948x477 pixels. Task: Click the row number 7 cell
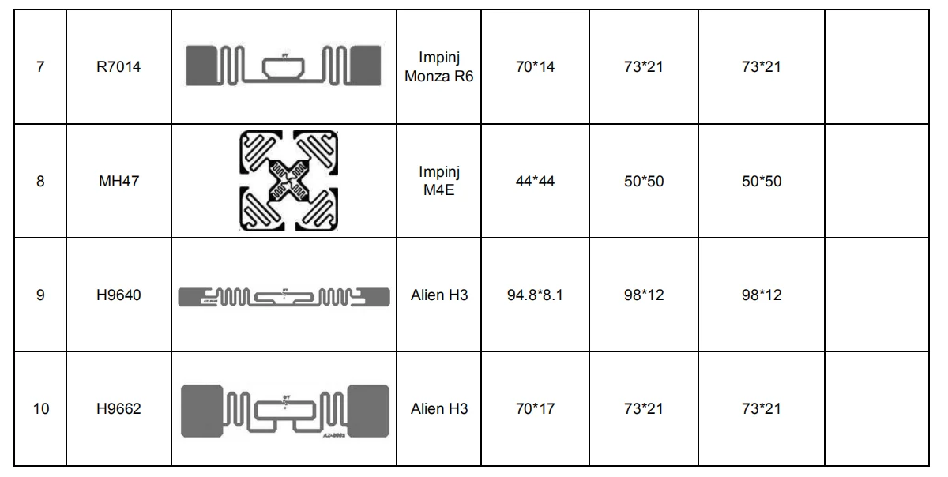click(40, 67)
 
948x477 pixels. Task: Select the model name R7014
click(118, 67)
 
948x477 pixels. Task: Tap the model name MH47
click(119, 181)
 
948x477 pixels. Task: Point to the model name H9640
click(118, 295)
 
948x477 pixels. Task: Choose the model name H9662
click(118, 409)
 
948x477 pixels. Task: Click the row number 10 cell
click(40, 409)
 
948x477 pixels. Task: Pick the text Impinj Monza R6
click(439, 67)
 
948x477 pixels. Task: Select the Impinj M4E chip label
click(439, 181)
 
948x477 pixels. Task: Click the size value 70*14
click(535, 67)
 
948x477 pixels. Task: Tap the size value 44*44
click(535, 181)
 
